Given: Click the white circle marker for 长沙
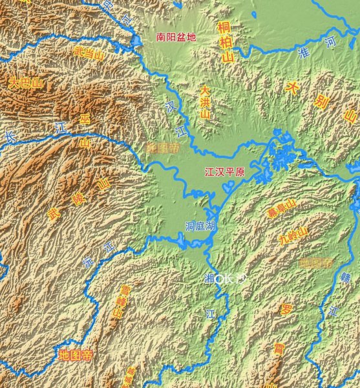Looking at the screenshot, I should (x=219, y=279).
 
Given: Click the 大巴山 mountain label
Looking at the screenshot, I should (x=25, y=83).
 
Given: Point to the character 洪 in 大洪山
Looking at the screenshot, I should (x=204, y=102).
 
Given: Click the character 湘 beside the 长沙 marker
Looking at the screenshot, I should (x=209, y=279).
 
